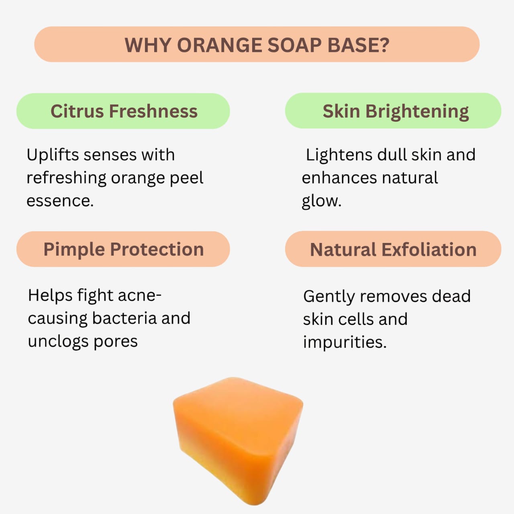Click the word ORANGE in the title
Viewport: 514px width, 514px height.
coord(219,45)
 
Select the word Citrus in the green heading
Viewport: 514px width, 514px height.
coord(77,111)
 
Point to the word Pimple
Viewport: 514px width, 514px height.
coord(74,249)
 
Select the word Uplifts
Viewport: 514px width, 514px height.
coord(52,155)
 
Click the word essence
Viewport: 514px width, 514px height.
coord(60,201)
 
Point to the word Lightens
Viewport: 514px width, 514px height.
coord(339,155)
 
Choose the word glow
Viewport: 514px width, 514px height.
coord(321,201)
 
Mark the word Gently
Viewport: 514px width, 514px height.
coord(329,296)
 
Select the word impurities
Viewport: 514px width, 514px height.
coord(345,342)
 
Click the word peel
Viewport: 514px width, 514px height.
coord(186,178)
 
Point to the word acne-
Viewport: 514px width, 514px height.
coord(140,295)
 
